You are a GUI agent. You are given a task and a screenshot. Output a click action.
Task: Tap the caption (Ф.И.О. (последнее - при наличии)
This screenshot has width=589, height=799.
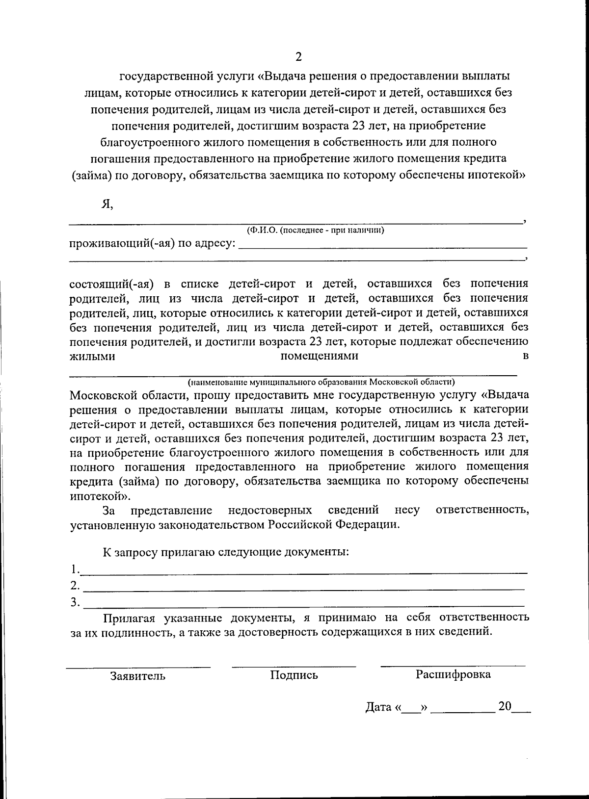pos(315,230)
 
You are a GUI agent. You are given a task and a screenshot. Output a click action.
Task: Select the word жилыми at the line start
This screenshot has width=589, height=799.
pos(92,357)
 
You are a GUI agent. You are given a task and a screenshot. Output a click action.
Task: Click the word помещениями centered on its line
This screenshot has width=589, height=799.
pos(319,356)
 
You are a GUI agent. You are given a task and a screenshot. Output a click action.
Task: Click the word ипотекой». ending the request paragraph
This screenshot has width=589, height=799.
pos(93,495)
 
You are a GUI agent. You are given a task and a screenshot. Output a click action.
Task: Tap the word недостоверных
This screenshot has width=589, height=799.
pos(270,510)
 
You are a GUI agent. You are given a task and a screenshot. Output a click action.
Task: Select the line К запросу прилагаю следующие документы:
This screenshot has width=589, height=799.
pos(226,552)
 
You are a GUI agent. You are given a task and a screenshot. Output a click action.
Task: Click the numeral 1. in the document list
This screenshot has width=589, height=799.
pos(75,569)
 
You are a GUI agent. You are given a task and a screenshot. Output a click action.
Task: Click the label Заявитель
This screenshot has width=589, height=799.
pos(138,676)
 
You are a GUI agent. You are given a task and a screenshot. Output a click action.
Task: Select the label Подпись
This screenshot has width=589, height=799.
pos(294,675)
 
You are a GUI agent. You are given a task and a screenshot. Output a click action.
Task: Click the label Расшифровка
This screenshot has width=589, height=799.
pos(453,674)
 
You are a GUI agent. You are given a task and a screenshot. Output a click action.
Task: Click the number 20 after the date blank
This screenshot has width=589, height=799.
pos(505,706)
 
